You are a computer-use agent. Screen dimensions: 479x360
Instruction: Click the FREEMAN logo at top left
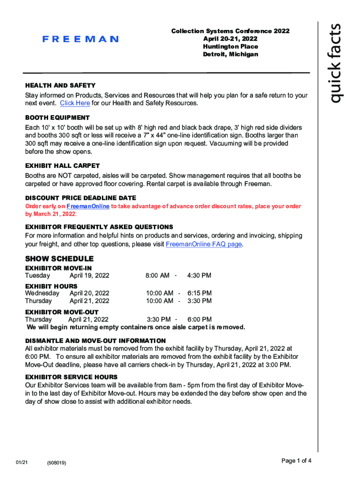(x=80, y=39)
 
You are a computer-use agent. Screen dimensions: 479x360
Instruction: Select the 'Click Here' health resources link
(x=75, y=103)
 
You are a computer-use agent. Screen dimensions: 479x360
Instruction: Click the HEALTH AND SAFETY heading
(x=60, y=86)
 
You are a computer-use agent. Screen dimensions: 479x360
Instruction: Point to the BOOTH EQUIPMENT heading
(x=57, y=117)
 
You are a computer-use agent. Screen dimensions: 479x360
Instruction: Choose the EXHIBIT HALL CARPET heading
(x=62, y=166)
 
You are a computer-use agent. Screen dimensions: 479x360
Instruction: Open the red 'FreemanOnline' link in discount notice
(x=88, y=206)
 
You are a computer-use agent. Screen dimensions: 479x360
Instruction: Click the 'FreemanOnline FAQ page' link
(x=204, y=244)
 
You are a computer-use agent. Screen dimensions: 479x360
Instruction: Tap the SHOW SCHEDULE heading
(x=59, y=259)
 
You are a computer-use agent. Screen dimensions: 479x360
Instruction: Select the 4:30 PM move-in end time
(x=199, y=276)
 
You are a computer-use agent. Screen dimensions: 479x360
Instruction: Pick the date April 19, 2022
(x=89, y=276)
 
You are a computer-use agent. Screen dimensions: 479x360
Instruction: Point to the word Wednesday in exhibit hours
(x=42, y=293)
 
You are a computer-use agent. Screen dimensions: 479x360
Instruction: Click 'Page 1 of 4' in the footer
(x=296, y=461)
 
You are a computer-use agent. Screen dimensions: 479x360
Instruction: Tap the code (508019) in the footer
(x=57, y=463)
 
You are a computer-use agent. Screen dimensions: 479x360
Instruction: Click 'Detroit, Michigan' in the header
(x=230, y=55)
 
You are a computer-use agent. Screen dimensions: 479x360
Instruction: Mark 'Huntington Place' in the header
(x=230, y=47)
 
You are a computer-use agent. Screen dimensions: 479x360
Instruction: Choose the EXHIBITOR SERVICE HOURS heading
(x=71, y=377)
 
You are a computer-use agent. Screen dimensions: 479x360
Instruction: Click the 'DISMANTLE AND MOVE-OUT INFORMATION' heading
(x=95, y=341)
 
